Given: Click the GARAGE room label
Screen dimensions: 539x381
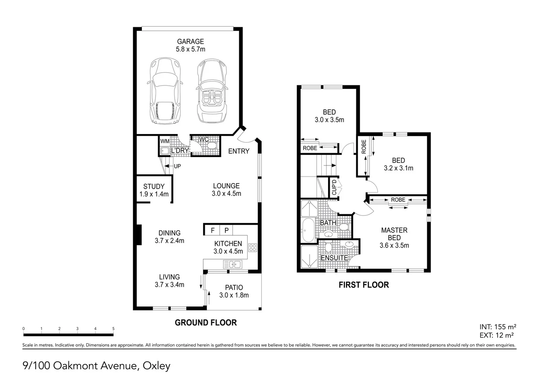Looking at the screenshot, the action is [x=190, y=41].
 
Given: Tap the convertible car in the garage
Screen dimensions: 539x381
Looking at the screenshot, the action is [x=212, y=91].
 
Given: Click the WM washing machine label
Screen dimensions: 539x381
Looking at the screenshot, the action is [x=165, y=141].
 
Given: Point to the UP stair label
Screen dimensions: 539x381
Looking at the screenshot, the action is [x=177, y=166].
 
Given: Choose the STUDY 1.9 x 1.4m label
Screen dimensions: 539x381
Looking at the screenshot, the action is [x=154, y=190].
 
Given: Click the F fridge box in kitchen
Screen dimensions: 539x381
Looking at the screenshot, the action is [x=212, y=230].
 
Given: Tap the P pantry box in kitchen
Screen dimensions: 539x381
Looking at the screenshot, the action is [x=226, y=230].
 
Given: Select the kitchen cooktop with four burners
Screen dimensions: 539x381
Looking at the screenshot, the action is [x=253, y=248].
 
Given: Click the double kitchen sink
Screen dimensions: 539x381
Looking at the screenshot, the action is [x=233, y=265].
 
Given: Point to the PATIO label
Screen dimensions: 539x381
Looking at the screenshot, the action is [x=234, y=288].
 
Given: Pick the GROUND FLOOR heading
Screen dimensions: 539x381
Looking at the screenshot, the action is [x=206, y=322].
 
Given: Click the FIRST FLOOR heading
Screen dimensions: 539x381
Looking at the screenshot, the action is [x=364, y=285].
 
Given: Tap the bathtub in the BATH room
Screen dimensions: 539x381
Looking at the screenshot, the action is [x=308, y=230].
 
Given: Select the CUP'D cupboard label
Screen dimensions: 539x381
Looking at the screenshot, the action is [x=334, y=187].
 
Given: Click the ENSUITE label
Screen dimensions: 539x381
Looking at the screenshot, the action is [x=334, y=258].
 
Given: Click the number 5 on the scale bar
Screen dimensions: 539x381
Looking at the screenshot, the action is [x=113, y=328].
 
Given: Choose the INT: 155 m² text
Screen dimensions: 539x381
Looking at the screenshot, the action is [x=498, y=327].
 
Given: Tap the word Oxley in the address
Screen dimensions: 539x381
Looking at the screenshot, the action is [x=156, y=366].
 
